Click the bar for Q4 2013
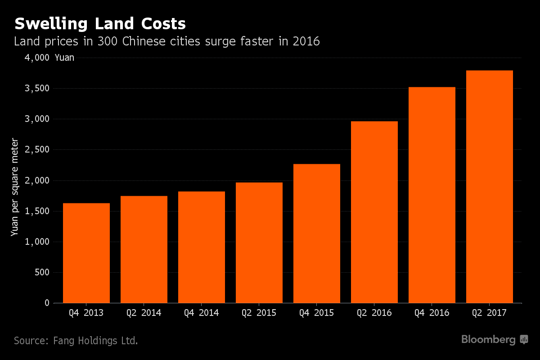coord(86,253)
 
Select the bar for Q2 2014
coord(144,249)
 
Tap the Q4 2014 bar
coord(202,247)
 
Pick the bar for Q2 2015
coord(259,243)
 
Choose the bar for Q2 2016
coord(374,212)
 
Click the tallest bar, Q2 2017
coord(490,187)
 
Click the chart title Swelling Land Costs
coord(99,23)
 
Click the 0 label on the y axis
coord(47,303)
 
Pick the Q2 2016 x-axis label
coord(374,313)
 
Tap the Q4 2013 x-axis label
coord(86,313)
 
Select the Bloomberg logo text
coord(488,340)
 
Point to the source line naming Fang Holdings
coord(76,341)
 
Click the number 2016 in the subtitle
coord(306,41)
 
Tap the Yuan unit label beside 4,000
coord(64,58)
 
